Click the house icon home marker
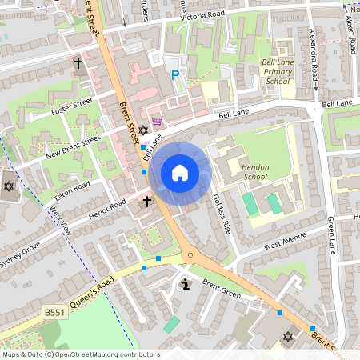pyautogui.click(x=180, y=173)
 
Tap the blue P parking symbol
pyautogui.click(x=175, y=75)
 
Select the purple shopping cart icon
pyautogui.click(x=157, y=121)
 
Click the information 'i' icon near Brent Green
pyautogui.click(x=186, y=284)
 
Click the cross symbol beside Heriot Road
pyautogui.click(x=147, y=203)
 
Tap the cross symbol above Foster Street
pyautogui.click(x=79, y=62)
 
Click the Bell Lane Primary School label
pyautogui.click(x=278, y=71)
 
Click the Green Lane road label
pyautogui.click(x=330, y=232)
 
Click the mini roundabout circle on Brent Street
pyautogui.click(x=190, y=256)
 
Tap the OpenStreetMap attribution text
pyautogui.click(x=80, y=354)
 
